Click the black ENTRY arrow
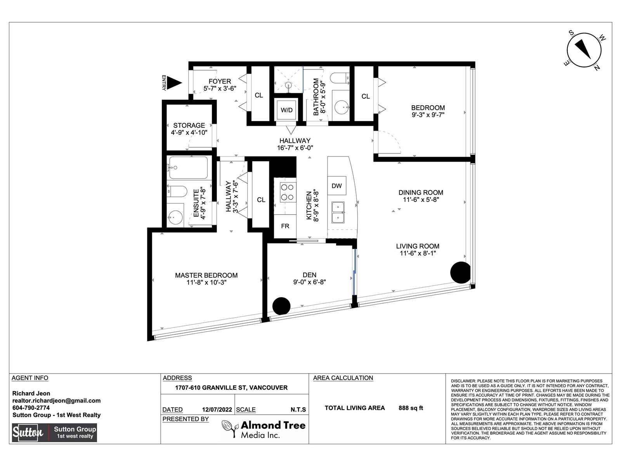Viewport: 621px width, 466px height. (174, 83)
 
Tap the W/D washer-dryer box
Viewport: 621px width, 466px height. (286, 110)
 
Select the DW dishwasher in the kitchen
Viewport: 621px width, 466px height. (337, 186)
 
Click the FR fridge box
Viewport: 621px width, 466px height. (285, 226)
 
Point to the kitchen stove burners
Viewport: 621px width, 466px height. (288, 192)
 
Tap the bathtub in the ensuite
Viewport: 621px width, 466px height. (188, 168)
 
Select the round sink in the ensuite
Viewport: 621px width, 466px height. (175, 217)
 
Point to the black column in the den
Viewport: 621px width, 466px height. (281, 306)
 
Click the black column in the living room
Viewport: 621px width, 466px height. (461, 273)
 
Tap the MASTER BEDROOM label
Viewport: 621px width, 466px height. (206, 275)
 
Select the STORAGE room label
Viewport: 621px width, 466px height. (189, 125)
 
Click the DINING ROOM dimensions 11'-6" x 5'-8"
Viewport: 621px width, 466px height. (421, 200)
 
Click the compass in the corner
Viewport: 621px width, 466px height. (584, 50)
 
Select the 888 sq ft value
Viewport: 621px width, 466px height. (411, 408)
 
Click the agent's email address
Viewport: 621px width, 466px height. (56, 401)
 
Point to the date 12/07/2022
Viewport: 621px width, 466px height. (217, 410)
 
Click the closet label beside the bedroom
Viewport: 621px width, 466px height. (366, 96)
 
